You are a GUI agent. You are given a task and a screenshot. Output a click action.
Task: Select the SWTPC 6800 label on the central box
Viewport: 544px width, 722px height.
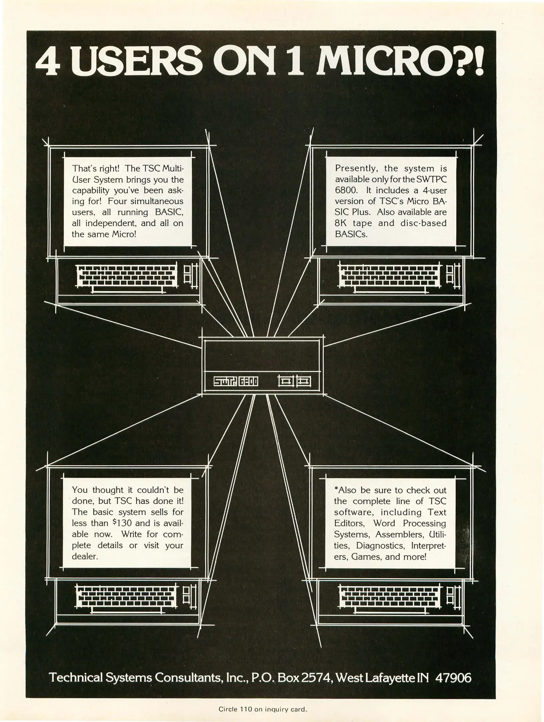tap(236, 381)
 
